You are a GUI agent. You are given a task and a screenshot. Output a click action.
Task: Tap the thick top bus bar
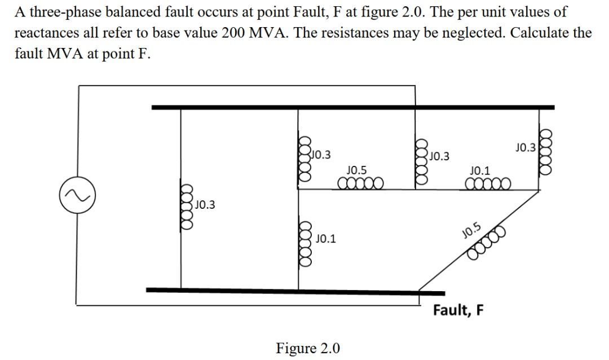point(352,107)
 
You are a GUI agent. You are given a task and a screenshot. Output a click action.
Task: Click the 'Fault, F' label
point(458,310)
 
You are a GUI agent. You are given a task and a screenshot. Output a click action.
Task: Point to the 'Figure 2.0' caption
point(307,348)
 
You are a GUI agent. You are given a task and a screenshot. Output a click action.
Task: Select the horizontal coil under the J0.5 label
point(361,183)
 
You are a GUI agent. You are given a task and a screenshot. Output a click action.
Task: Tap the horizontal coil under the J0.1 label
point(488,183)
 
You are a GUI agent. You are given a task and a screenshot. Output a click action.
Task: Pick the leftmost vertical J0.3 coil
point(187,205)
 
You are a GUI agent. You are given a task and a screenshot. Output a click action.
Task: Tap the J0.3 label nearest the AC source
point(204,205)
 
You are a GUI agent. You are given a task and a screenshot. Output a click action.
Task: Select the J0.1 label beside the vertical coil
point(325,239)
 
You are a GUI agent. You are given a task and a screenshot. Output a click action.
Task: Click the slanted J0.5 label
point(471,229)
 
